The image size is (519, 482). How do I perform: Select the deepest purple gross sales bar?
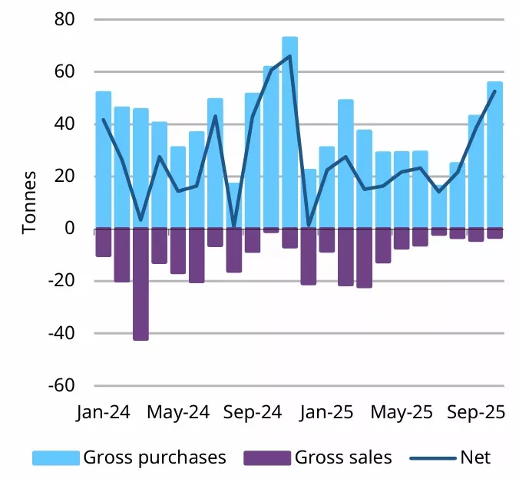[x=140, y=284]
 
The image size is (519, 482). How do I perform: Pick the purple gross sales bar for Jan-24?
[x=103, y=243]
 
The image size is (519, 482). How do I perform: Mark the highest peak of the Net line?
[x=289, y=56]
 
